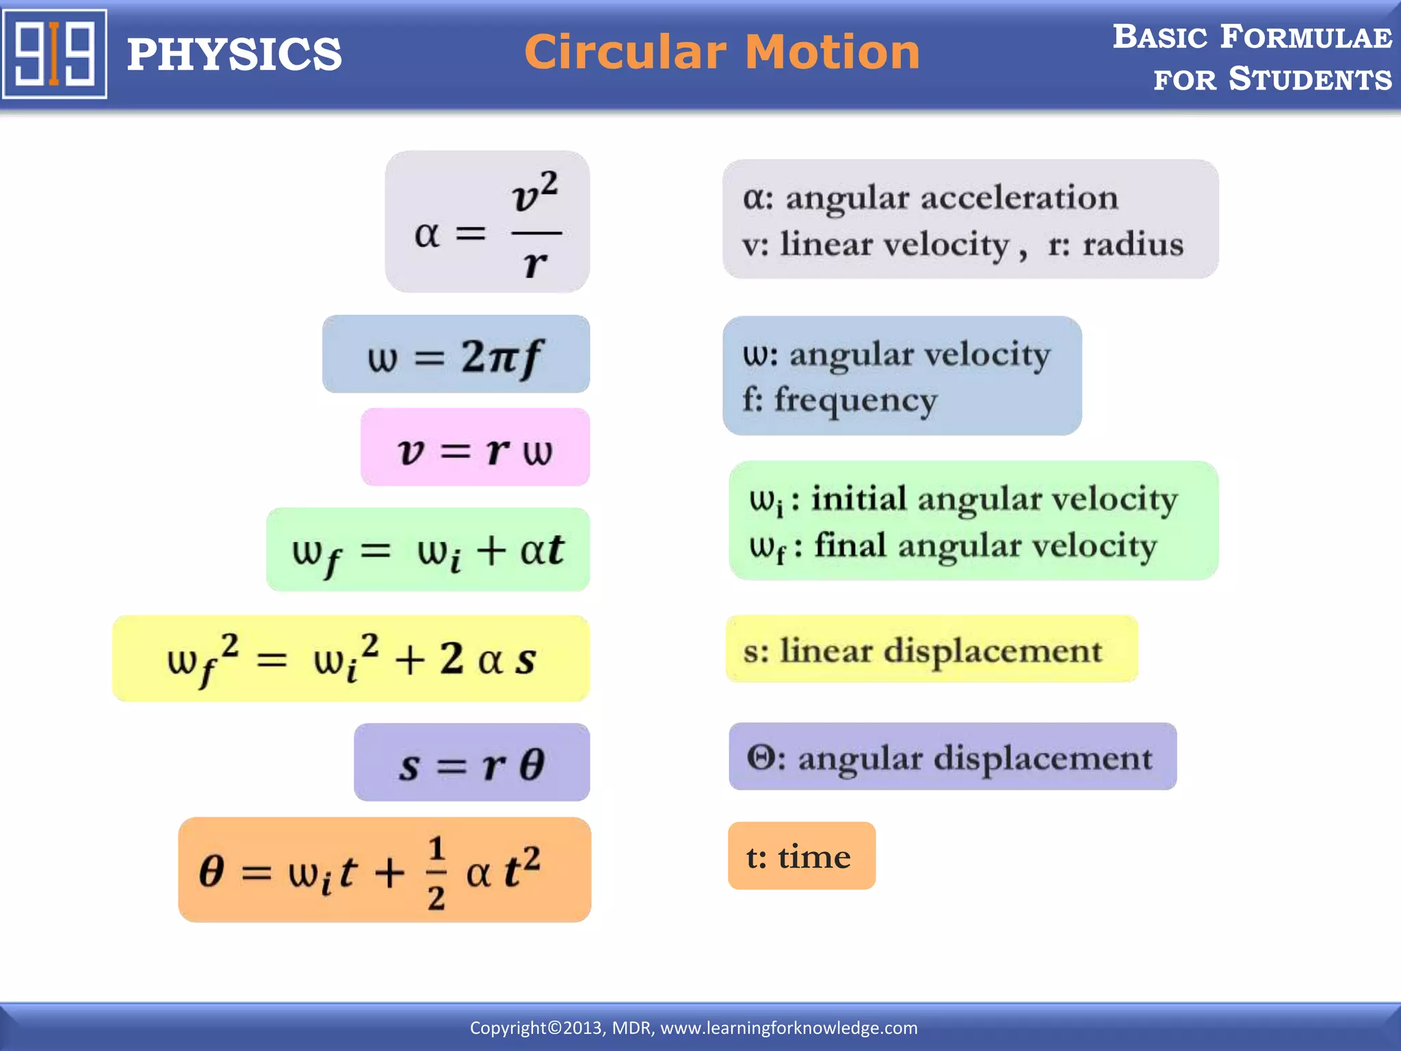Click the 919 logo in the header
coord(55,54)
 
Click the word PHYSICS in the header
coord(234,55)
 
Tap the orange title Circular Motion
coord(722,52)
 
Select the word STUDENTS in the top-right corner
coord(1310,79)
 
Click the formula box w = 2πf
coord(456,355)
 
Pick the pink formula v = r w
coord(475,449)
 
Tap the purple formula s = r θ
coord(472,764)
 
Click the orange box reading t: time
coord(801,857)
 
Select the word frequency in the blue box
coord(855,401)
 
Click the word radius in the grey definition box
coord(1132,244)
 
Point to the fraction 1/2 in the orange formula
coord(436,872)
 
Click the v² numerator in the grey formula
coord(535,194)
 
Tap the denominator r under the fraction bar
coord(535,263)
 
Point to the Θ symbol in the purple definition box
coord(761,758)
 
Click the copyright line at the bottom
coord(694,1028)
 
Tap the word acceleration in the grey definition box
coord(1019,198)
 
